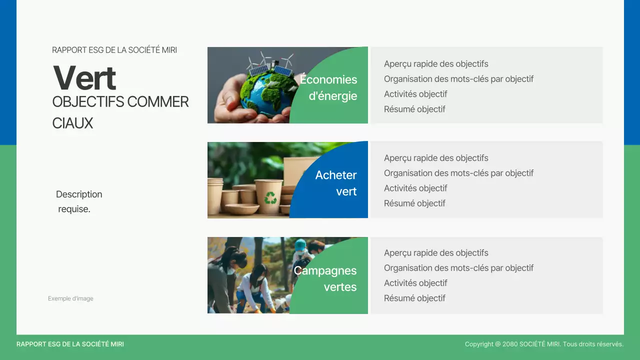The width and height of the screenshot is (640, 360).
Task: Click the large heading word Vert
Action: [x=84, y=78]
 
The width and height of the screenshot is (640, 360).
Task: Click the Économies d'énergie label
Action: [x=328, y=87]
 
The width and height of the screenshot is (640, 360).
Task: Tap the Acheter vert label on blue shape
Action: [x=335, y=183]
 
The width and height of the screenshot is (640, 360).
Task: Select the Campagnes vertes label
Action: [x=325, y=278]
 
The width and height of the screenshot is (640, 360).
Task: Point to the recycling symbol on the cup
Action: [x=270, y=198]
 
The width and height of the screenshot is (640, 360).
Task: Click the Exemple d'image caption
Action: [x=70, y=298]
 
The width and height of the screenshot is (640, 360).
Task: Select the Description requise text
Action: [x=78, y=201]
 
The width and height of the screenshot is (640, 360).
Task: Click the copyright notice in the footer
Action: [x=544, y=344]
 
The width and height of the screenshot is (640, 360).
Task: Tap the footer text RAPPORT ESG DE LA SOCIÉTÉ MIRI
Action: [x=70, y=344]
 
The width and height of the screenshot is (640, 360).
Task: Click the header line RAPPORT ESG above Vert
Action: [x=114, y=50]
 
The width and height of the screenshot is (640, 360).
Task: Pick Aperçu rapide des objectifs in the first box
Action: [x=436, y=64]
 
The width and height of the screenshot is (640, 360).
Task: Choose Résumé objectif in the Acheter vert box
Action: [x=414, y=203]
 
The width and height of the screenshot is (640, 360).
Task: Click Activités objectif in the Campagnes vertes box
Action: [x=415, y=283]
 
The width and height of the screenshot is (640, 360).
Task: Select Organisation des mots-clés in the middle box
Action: [x=458, y=173]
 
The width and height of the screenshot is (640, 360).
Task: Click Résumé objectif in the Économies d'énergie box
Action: [x=414, y=109]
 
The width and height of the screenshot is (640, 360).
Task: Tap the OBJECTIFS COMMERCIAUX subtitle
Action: [x=120, y=112]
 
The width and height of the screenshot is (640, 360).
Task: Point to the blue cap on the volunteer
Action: [x=300, y=244]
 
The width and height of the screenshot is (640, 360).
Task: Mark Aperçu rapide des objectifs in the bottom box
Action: [x=436, y=253]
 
